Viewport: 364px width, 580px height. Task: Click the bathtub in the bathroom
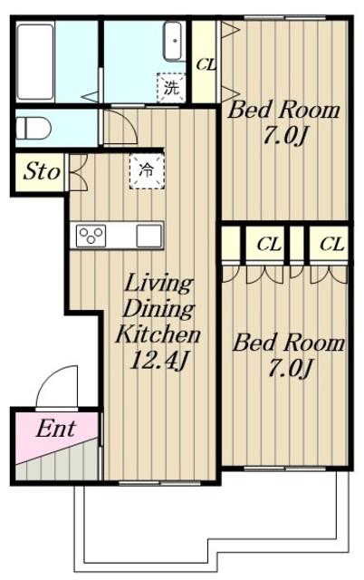[x=35, y=62]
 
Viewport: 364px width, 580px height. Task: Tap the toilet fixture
[x=33, y=128]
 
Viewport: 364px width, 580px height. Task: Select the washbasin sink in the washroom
[x=174, y=41]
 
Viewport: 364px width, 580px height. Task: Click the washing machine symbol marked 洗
[x=171, y=88]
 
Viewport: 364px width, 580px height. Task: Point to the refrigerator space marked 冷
[x=147, y=171]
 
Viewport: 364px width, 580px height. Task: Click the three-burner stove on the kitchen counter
[x=91, y=236]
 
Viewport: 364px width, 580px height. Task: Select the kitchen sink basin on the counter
[x=148, y=236]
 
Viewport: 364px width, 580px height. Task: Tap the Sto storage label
[x=42, y=172]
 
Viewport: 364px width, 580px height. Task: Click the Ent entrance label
[x=56, y=429]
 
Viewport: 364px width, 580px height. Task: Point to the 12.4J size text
[x=158, y=360]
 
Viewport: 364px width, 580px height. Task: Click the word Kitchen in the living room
[x=158, y=334]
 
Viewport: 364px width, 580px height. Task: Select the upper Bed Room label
[x=283, y=111]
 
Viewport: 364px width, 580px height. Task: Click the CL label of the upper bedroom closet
[x=206, y=65]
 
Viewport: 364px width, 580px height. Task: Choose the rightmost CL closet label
[x=331, y=244]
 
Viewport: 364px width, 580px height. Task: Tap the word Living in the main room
[x=158, y=285]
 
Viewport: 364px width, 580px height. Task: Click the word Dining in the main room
[x=158, y=310]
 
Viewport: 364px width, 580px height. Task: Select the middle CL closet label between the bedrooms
[x=269, y=244]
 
